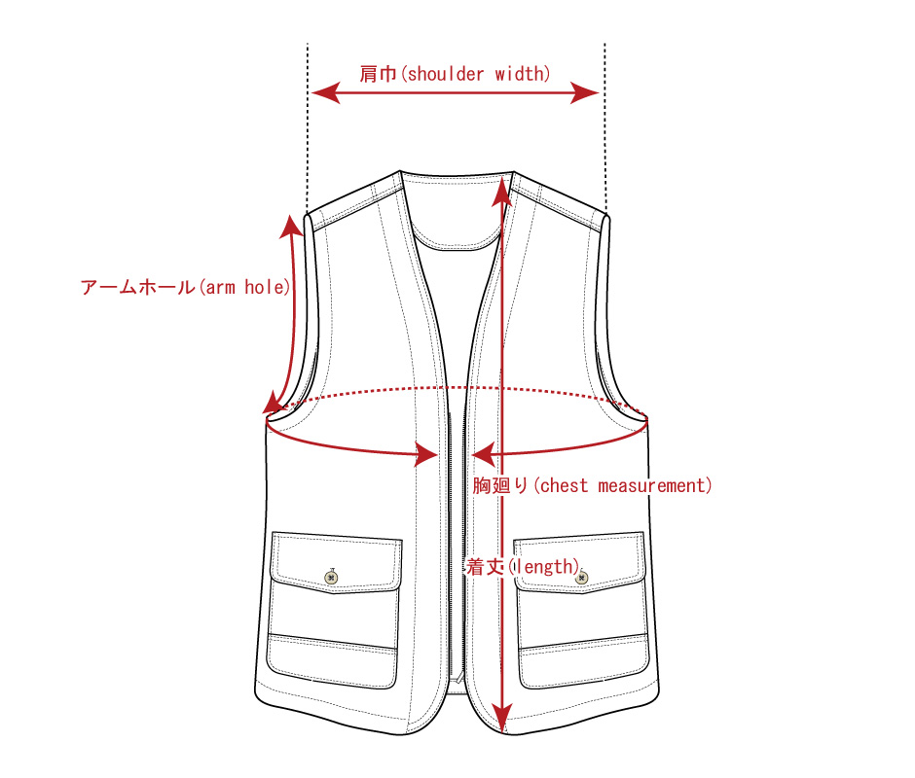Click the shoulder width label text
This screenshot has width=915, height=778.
point(455,74)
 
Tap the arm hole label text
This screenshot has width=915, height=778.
point(186,287)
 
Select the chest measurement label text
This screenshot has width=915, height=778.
point(592,485)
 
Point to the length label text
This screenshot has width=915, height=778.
point(524,566)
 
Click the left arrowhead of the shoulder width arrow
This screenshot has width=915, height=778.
point(326,92)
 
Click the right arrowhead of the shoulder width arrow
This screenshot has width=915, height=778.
point(585,92)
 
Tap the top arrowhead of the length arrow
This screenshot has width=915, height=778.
point(502,192)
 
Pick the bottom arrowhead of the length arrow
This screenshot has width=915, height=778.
point(502,718)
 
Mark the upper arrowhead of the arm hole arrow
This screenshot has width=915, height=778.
point(291,227)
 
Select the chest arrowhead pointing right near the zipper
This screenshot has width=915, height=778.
point(426,454)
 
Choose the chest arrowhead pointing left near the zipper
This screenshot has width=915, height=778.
point(483,454)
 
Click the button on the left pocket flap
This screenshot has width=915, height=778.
point(332,578)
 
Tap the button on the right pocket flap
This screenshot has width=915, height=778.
point(581,578)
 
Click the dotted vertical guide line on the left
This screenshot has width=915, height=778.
point(308,128)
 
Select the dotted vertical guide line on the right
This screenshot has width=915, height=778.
point(605,128)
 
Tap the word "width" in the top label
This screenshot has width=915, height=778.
point(523,74)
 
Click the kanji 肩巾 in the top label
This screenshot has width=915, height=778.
point(378,74)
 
